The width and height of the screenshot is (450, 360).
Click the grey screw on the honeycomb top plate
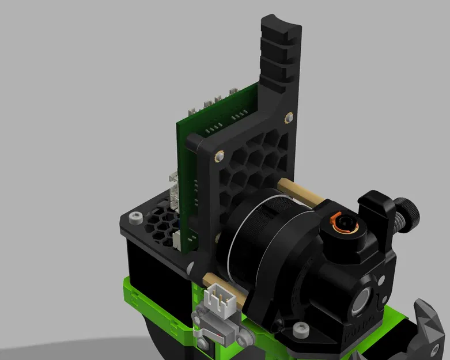pos(135,218)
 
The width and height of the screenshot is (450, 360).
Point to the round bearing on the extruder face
pos(360,303)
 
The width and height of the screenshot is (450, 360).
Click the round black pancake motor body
pos(259,242)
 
